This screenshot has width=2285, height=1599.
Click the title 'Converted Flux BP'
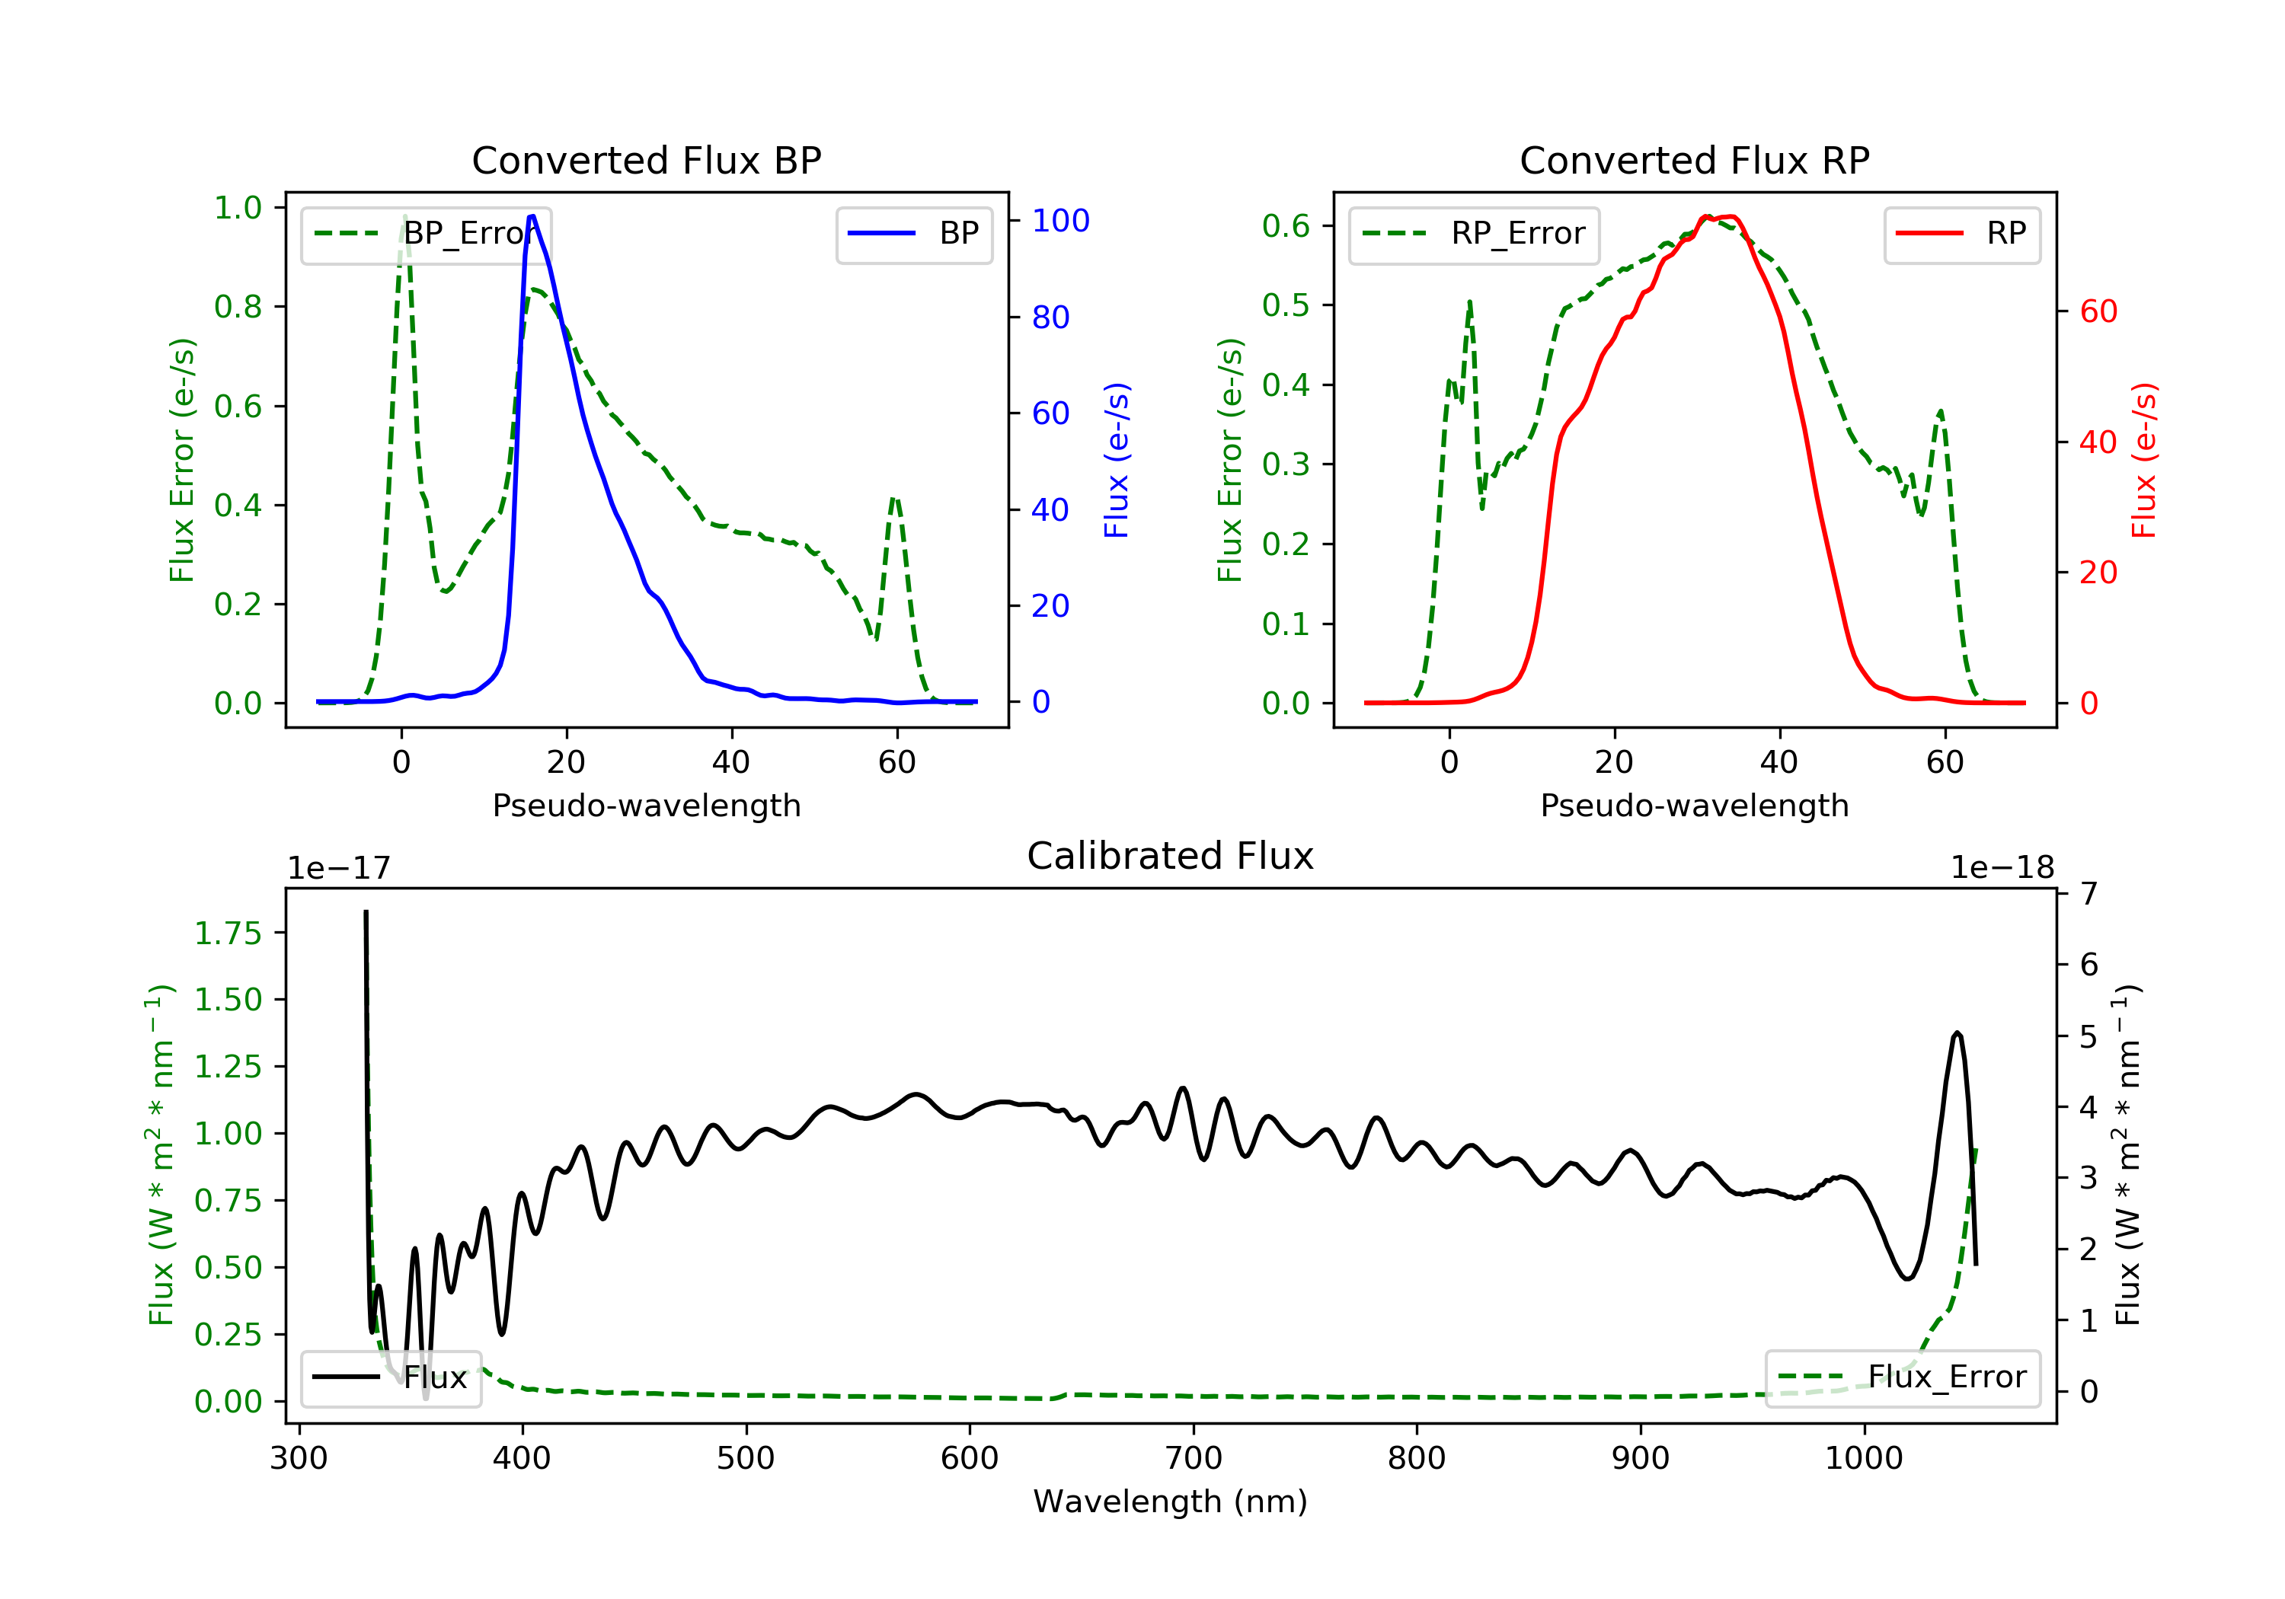tap(646, 160)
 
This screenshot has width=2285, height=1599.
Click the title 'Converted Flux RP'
tap(1694, 160)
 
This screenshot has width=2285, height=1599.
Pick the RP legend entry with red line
tap(1961, 234)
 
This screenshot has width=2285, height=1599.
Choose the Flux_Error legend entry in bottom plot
tap(1902, 1377)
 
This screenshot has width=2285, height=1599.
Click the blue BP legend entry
tap(913, 234)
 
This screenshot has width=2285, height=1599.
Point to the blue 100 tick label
tap(1060, 221)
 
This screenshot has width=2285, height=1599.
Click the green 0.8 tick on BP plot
tap(238, 306)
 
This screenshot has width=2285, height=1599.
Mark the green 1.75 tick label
tap(228, 934)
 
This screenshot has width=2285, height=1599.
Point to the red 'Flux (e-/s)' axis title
tap(2143, 460)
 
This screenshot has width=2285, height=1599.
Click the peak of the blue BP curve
tap(532, 216)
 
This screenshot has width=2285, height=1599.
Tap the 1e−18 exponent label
tap(2002, 868)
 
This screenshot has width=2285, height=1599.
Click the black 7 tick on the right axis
tap(2088, 893)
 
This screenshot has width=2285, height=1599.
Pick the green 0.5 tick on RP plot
tap(1286, 305)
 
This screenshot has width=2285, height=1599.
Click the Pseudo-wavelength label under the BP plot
tap(646, 805)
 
